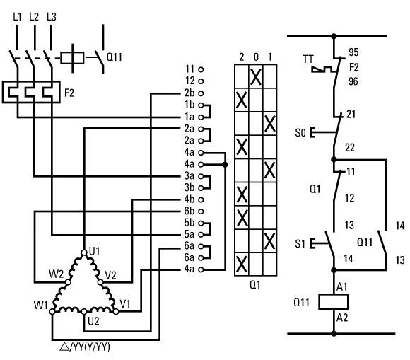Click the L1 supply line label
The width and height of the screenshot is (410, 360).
tap(17, 17)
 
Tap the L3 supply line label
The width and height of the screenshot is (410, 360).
tap(52, 17)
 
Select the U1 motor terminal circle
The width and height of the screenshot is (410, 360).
tap(84, 252)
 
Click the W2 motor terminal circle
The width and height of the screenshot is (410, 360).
tap(68, 282)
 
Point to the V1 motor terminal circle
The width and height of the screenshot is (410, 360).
tap(116, 311)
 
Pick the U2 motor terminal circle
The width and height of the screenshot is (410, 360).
tap(84, 312)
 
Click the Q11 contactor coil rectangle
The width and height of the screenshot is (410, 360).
tap(334, 302)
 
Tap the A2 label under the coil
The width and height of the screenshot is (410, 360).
tap(342, 318)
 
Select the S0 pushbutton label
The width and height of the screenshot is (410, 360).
tap(300, 133)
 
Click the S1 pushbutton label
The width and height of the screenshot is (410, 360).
tap(300, 244)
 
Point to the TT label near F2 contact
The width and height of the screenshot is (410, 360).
tap(308, 59)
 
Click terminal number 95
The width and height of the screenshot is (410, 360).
tap(353, 52)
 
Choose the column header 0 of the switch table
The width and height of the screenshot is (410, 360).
tap(256, 57)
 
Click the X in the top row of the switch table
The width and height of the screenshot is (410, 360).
tap(256, 77)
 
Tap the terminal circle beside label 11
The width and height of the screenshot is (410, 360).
tap(201, 69)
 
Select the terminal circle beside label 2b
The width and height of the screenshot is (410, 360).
tap(201, 93)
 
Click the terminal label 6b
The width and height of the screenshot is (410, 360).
tap(189, 211)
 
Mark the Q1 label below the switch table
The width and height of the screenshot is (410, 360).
tap(255, 284)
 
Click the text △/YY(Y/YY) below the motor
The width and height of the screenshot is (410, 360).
tap(85, 347)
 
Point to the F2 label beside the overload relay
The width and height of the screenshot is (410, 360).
tap(69, 93)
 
